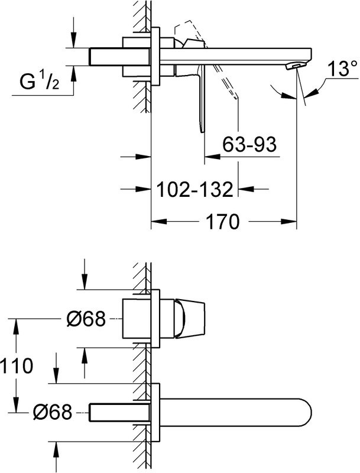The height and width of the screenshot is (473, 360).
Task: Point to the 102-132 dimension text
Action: point(194,190)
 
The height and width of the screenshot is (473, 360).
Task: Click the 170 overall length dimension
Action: point(222,222)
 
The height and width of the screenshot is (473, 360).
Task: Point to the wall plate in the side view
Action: point(156,57)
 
